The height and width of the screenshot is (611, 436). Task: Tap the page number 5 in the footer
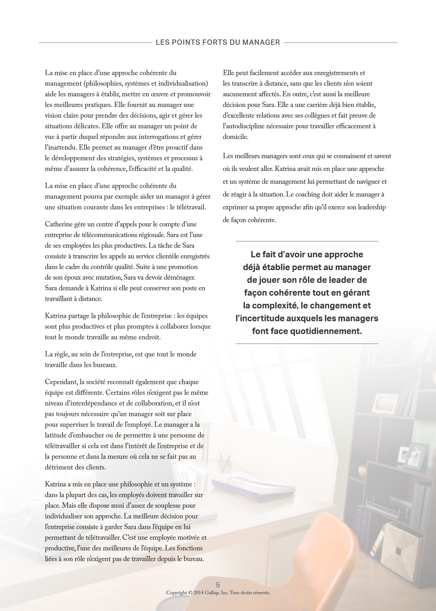point(218,585)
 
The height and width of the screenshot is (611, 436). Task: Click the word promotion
point(183,267)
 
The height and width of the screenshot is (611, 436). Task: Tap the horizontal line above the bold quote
point(307,241)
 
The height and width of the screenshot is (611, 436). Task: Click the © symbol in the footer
point(190,593)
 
